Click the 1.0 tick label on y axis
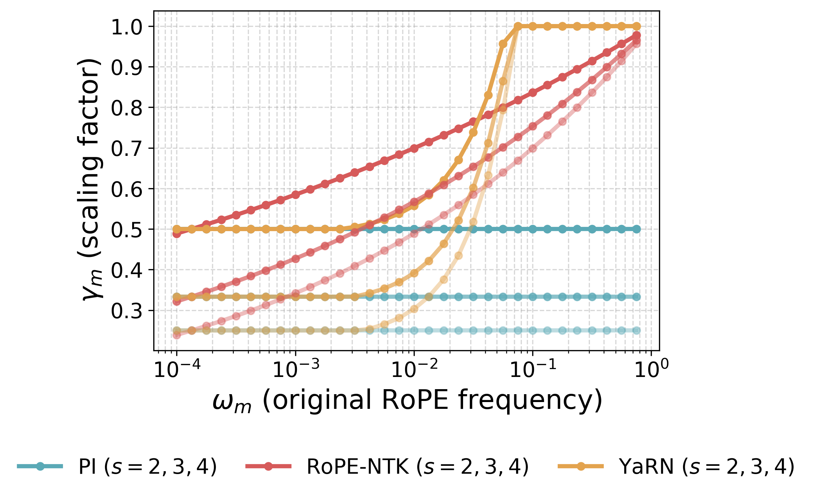[127, 27]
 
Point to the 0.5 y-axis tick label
[127, 230]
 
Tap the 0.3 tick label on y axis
[127, 311]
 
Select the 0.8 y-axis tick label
[127, 108]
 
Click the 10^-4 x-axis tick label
[177, 369]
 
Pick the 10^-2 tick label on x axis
[414, 369]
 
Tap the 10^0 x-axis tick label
[651, 369]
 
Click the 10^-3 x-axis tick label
[295, 369]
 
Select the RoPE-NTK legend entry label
[418, 467]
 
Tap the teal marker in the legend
[40, 467]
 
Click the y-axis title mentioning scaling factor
[90, 179]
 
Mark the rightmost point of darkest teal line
[636, 229]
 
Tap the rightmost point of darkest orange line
[636, 26]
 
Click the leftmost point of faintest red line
[177, 335]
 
